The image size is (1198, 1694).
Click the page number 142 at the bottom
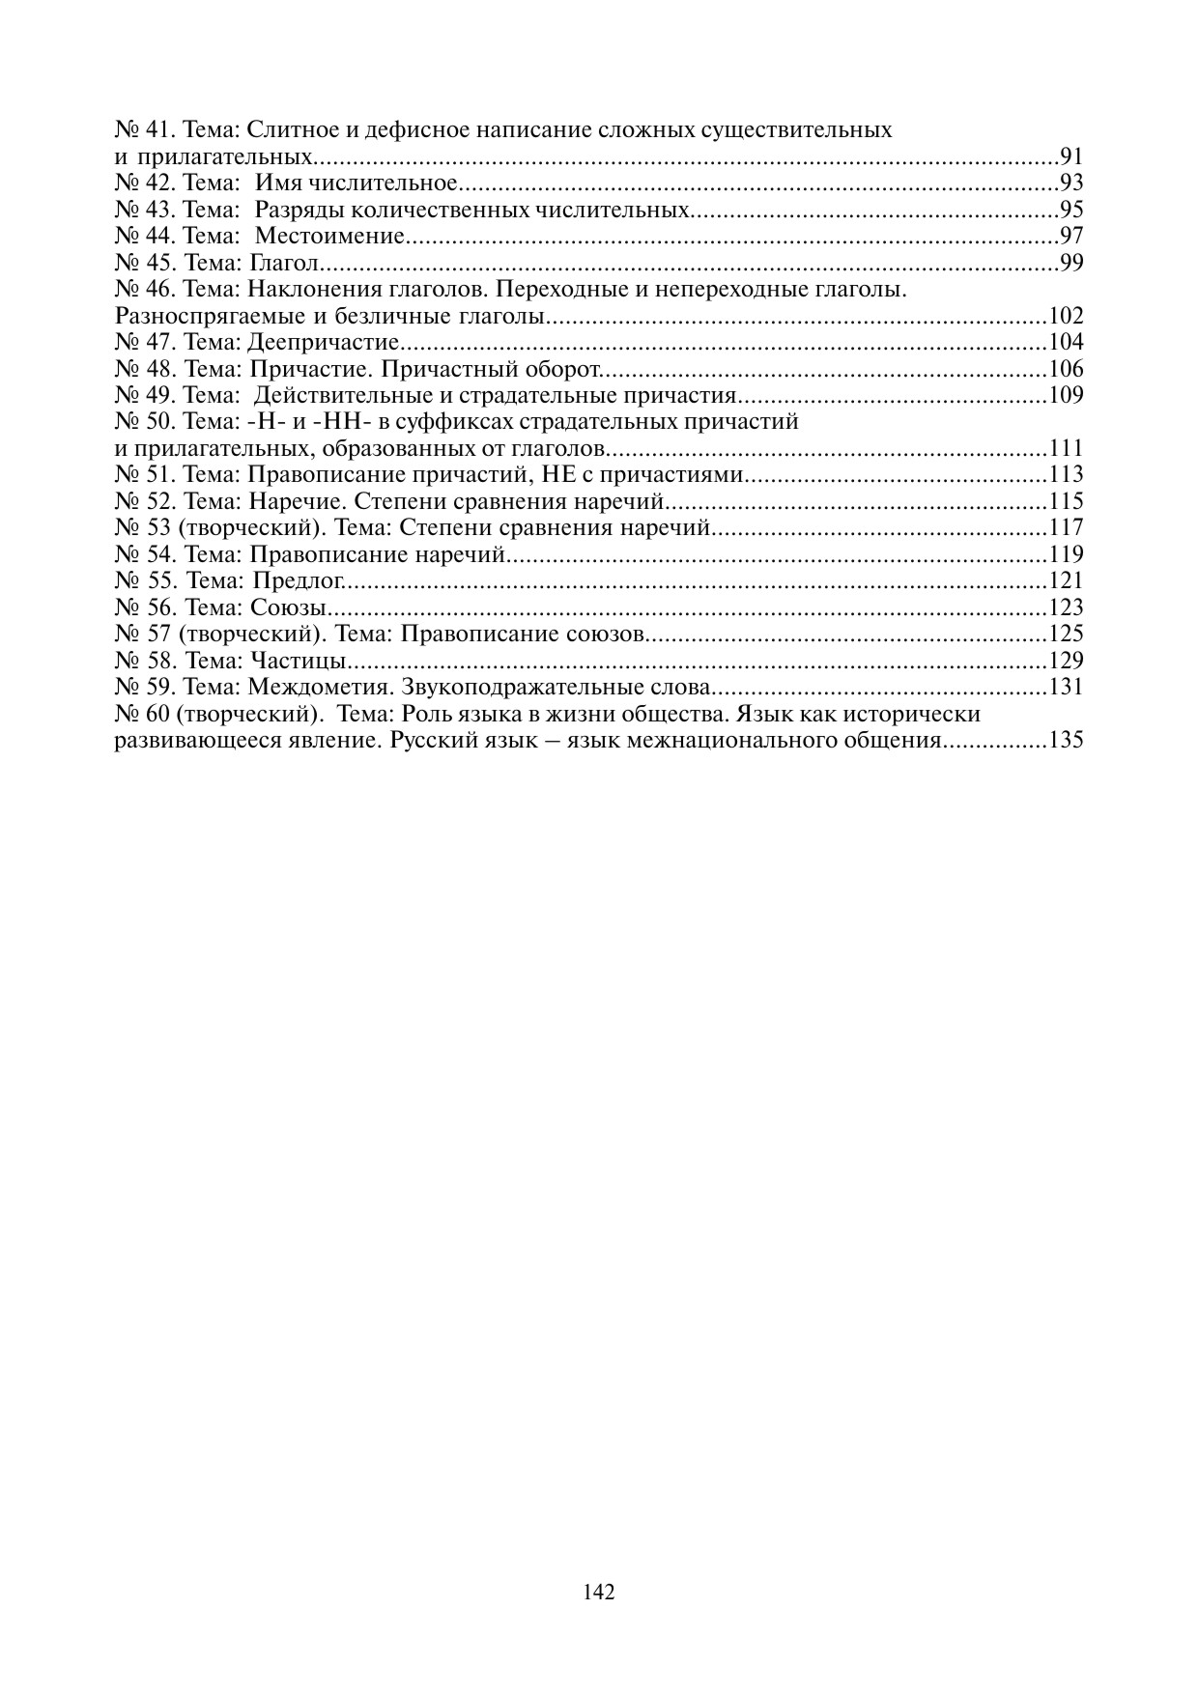(599, 1592)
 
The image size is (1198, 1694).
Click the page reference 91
(1071, 156)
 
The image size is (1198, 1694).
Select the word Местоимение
(328, 236)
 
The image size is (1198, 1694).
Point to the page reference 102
(1066, 316)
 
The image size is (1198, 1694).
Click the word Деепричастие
(324, 342)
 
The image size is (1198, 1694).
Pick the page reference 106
(1066, 369)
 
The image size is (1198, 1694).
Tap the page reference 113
(1066, 474)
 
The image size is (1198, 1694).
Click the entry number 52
(159, 501)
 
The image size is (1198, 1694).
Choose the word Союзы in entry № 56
(288, 607)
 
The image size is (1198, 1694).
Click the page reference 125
(1066, 634)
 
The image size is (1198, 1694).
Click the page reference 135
(1066, 741)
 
